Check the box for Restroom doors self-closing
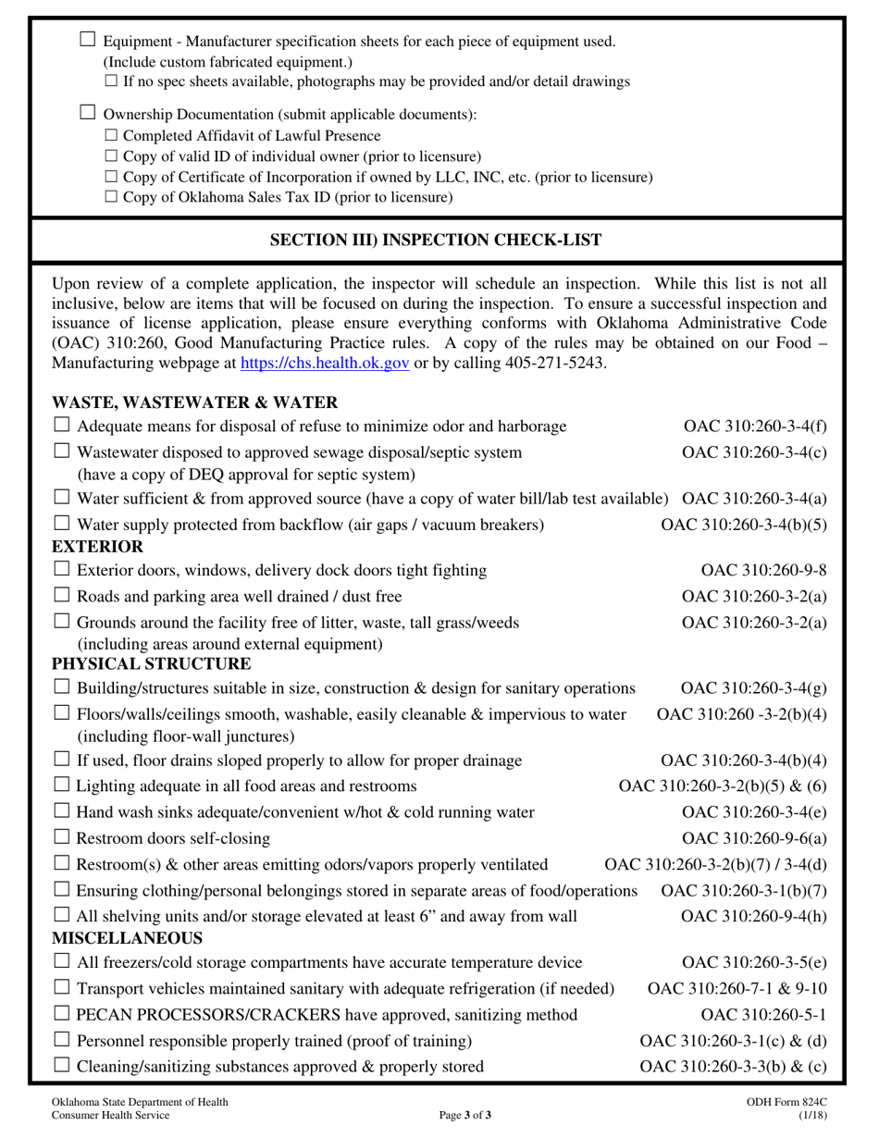(x=62, y=837)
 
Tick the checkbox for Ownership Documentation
(x=88, y=113)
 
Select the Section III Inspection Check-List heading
(x=436, y=241)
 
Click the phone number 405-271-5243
(x=553, y=364)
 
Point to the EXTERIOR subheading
(x=97, y=547)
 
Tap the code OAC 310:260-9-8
(x=763, y=570)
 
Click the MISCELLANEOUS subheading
(x=114, y=938)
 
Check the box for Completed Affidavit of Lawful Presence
(x=111, y=136)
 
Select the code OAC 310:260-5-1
(x=763, y=1015)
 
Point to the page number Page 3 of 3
(x=465, y=1115)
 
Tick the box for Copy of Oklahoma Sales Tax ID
(x=111, y=197)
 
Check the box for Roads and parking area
(x=62, y=595)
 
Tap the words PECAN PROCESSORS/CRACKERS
(x=188, y=1015)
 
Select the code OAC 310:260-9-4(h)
(x=753, y=916)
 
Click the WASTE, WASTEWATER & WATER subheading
(x=194, y=402)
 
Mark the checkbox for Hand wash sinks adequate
(x=62, y=811)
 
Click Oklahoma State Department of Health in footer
(x=140, y=1102)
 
